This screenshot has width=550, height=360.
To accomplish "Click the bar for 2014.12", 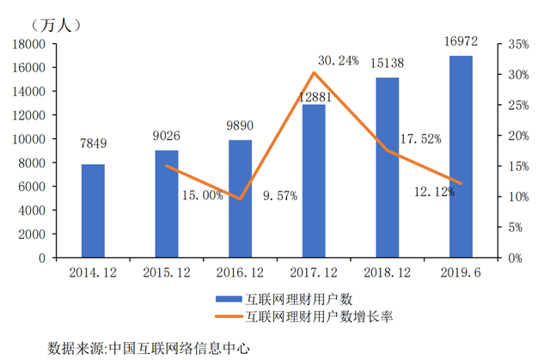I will click(x=93, y=211).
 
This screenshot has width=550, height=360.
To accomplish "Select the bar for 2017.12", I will click(x=314, y=180).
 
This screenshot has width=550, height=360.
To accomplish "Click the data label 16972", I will click(x=461, y=41).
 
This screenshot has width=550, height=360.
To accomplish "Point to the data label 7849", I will click(x=93, y=144).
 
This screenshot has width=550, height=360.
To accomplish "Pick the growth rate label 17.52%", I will click(x=422, y=138).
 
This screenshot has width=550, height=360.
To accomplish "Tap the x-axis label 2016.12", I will click(x=240, y=272).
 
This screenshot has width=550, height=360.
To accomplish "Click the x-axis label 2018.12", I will click(x=387, y=272).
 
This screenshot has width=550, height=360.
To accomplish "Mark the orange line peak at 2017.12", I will click(x=314, y=73).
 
